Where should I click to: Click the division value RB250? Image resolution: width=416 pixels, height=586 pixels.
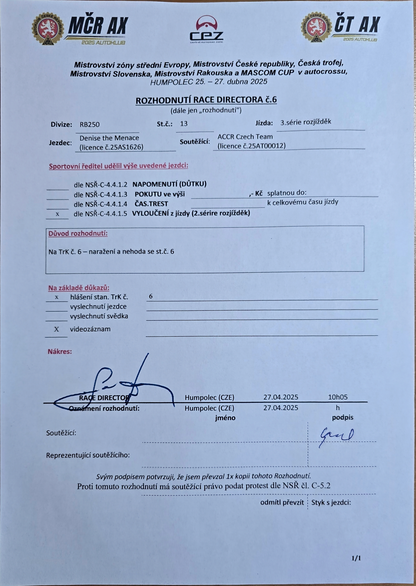click(89, 124)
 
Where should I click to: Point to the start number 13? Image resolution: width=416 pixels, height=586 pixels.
click(184, 124)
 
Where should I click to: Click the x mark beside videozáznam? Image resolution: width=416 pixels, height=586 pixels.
click(56, 329)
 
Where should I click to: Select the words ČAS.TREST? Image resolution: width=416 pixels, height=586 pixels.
click(151, 204)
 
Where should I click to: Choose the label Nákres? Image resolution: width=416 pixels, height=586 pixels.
click(60, 351)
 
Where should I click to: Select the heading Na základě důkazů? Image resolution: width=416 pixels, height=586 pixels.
click(79, 288)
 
